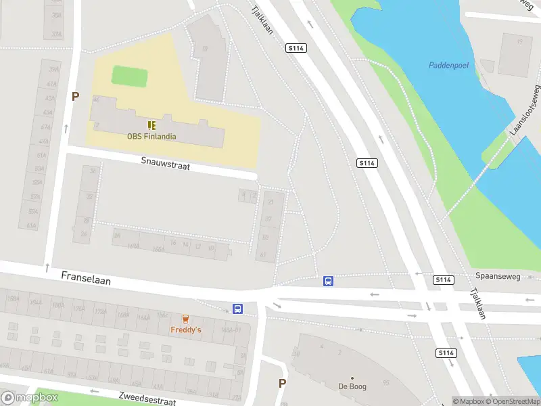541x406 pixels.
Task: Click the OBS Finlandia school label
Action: [x=151, y=136]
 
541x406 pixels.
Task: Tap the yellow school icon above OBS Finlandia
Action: [x=152, y=125]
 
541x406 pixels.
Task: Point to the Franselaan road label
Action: [x=86, y=277]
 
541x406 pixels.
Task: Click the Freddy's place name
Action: [x=185, y=330]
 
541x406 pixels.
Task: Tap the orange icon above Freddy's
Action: [x=185, y=319]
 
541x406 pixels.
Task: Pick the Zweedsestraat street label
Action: [x=147, y=399]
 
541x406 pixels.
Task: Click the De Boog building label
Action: [x=352, y=387]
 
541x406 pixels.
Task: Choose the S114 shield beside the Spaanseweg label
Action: [x=444, y=279]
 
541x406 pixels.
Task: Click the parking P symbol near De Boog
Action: [x=282, y=383]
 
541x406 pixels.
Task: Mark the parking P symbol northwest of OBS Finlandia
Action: [x=76, y=97]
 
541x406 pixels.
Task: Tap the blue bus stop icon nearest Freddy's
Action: [x=238, y=309]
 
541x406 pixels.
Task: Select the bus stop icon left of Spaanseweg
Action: [x=328, y=281]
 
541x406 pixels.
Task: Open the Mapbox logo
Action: [x=29, y=398]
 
